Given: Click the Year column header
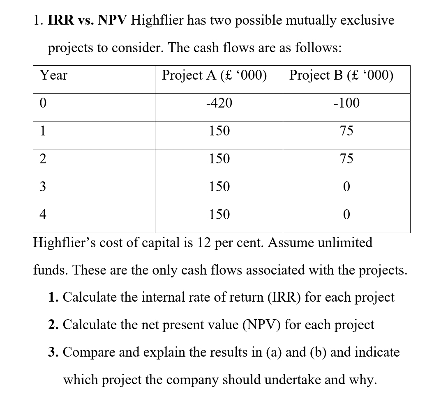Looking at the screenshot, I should tap(53, 76).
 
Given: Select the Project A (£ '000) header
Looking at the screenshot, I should tap(214, 76).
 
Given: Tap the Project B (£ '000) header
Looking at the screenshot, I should tap(341, 76).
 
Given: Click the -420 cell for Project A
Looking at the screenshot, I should tap(219, 103).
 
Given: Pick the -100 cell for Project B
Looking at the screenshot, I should tap(346, 103).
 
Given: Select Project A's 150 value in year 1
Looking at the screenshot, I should tap(219, 131).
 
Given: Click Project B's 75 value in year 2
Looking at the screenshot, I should tap(346, 159).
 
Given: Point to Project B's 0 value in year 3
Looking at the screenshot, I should tap(346, 187).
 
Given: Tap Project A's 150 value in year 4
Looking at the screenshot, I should tap(219, 215).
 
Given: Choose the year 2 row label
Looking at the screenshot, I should tap(43, 159).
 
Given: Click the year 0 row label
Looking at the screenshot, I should tap(43, 103).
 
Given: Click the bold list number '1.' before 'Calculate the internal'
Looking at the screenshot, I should tap(53, 297).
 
